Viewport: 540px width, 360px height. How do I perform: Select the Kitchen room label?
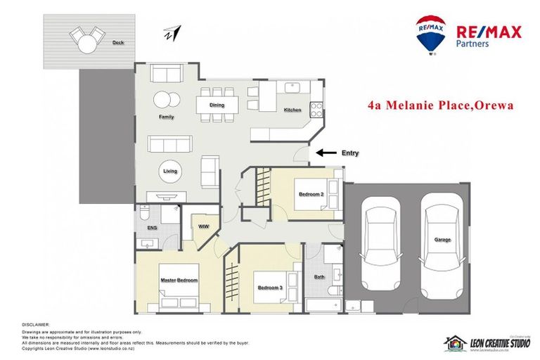(x=292, y=110)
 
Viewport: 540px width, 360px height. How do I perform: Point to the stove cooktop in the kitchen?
(x=316, y=109)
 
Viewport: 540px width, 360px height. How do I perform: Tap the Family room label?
(x=167, y=117)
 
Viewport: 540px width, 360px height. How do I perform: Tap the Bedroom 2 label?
(x=311, y=194)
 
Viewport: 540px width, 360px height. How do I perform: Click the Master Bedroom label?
(x=179, y=280)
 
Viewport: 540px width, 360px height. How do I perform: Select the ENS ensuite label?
(x=151, y=229)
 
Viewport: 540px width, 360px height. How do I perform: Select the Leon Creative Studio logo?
(x=486, y=342)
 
